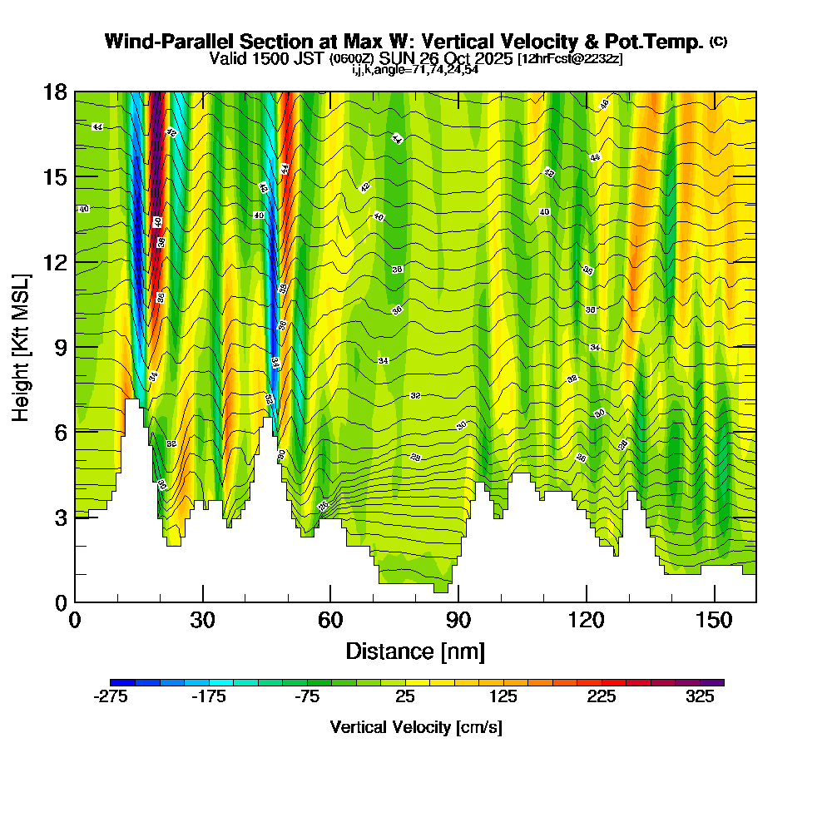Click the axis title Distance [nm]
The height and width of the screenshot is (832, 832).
tap(415, 651)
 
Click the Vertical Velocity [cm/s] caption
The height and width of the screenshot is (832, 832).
tap(416, 727)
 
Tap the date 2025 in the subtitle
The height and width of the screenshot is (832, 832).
tap(490, 59)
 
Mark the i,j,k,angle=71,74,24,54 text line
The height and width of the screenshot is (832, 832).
tap(414, 70)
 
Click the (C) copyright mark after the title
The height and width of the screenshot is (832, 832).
tap(718, 42)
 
